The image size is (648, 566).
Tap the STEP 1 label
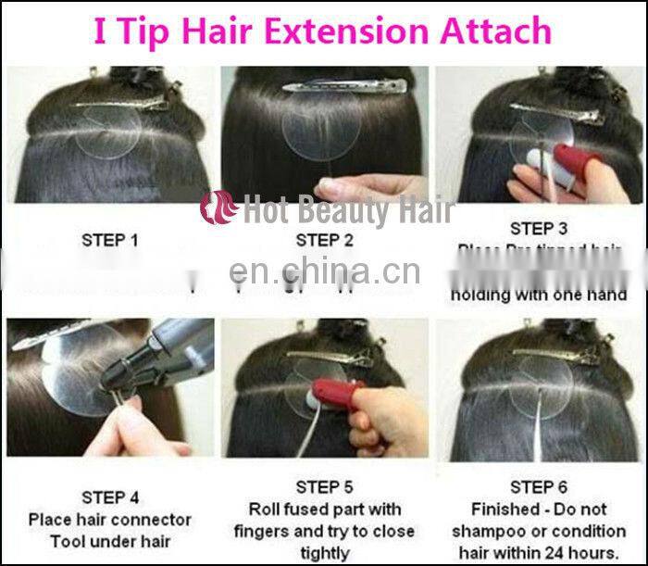click(x=110, y=240)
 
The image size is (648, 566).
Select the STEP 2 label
click(x=324, y=240)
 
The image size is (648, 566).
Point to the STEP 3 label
click(x=539, y=228)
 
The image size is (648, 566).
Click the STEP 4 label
click(x=110, y=498)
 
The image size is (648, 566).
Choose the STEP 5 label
click(x=324, y=487)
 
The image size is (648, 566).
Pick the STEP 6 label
click(x=539, y=487)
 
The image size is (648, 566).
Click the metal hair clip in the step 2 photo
click(x=344, y=87)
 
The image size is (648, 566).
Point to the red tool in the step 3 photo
click(x=579, y=157)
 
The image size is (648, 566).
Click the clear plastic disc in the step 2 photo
click(x=321, y=130)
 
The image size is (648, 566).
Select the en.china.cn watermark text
click(x=324, y=272)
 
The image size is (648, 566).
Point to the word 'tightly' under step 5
click(x=324, y=553)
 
